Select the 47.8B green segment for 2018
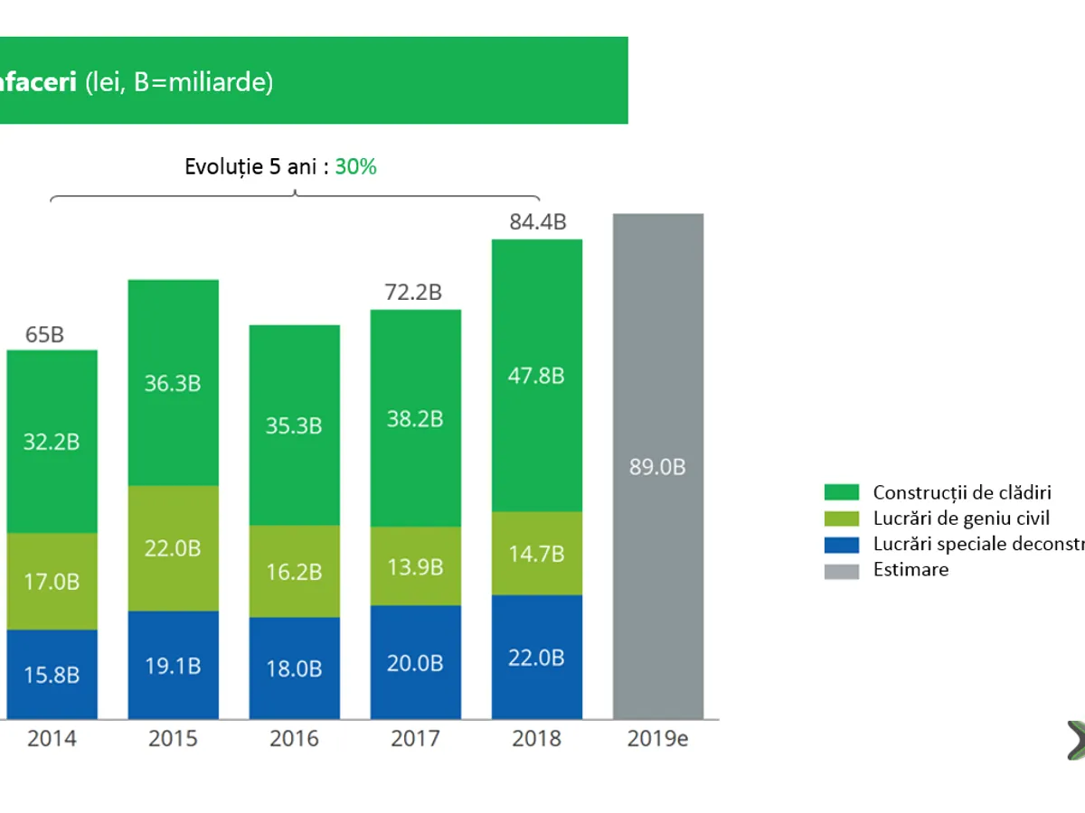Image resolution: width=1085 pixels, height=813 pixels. pos(537,375)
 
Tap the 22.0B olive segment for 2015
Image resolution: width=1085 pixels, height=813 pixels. pos(173,548)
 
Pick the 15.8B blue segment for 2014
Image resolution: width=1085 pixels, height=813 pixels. pos(52,675)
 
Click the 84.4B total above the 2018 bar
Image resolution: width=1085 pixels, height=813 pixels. pos(537,221)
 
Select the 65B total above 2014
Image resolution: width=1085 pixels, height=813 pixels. pos(45,334)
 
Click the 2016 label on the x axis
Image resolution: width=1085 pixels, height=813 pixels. pos(294,739)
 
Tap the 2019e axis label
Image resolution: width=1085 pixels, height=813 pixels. pos(657,739)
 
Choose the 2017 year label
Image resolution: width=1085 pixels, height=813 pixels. pos(415,739)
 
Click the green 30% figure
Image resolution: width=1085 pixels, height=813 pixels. pos(355,166)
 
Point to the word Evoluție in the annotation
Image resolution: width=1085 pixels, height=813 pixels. pos(223,166)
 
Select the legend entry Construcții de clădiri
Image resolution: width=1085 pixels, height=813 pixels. pos(962,492)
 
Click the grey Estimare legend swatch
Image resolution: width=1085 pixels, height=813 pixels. pos(841,570)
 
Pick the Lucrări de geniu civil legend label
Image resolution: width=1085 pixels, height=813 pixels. pos(961,519)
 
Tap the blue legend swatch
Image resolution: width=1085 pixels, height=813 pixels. pos(841,544)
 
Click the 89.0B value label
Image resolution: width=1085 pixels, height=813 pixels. pos(657,467)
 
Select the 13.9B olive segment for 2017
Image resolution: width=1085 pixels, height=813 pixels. pos(416,566)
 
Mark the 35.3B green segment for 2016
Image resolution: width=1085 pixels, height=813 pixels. pos(295,425)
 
